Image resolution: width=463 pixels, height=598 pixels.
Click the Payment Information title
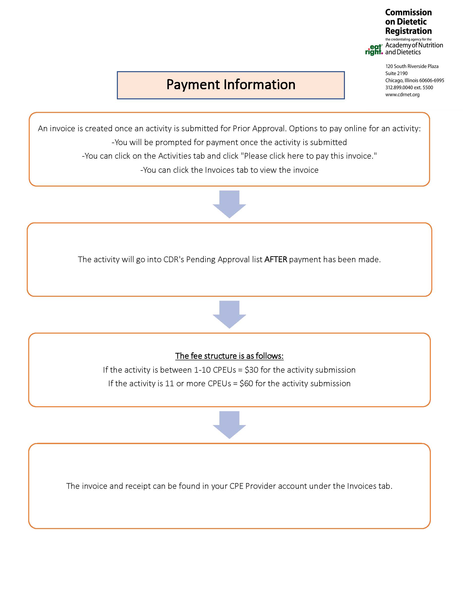pyautogui.click(x=231, y=84)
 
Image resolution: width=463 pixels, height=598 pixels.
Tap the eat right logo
pyautogui.click(x=374, y=50)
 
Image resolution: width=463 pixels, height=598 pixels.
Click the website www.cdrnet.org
pyautogui.click(x=402, y=95)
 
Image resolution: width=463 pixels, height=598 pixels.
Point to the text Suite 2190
pyautogui.click(x=396, y=73)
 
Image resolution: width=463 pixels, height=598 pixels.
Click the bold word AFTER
pyautogui.click(x=276, y=259)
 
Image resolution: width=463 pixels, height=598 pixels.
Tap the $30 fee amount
pyautogui.click(x=252, y=370)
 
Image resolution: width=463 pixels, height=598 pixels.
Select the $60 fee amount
pyautogui.click(x=246, y=383)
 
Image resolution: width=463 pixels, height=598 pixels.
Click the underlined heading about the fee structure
pyautogui.click(x=229, y=356)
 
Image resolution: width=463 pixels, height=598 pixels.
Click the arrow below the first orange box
pyautogui.click(x=229, y=204)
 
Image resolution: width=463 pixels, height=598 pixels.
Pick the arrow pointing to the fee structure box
pyautogui.click(x=229, y=314)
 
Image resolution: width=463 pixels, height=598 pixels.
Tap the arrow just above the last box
pyautogui.click(x=229, y=425)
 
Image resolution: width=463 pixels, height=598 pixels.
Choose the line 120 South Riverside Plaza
pyautogui.click(x=412, y=66)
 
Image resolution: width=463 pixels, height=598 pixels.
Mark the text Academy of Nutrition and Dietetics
pyautogui.click(x=414, y=48)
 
